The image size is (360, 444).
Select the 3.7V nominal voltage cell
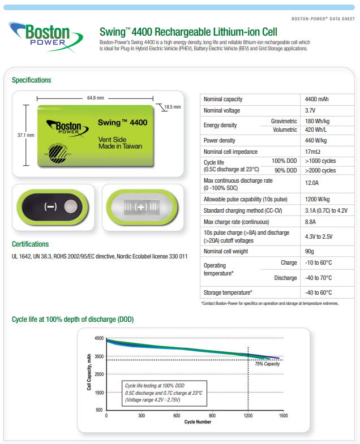point(310,111)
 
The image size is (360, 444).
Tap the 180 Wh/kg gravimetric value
point(318,121)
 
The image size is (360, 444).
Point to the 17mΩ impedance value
point(312,152)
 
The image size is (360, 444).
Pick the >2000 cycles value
point(320,170)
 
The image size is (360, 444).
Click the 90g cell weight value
point(309,251)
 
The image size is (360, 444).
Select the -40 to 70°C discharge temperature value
point(319,278)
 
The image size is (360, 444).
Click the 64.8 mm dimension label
point(95,98)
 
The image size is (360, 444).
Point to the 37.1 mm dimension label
point(25,135)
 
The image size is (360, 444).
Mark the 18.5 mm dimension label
point(173,107)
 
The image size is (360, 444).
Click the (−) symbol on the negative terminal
point(50,206)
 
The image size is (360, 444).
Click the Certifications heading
point(30,244)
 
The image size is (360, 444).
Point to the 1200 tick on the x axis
point(247,416)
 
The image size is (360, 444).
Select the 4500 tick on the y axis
point(99,338)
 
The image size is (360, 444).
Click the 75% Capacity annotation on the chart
point(267,364)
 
